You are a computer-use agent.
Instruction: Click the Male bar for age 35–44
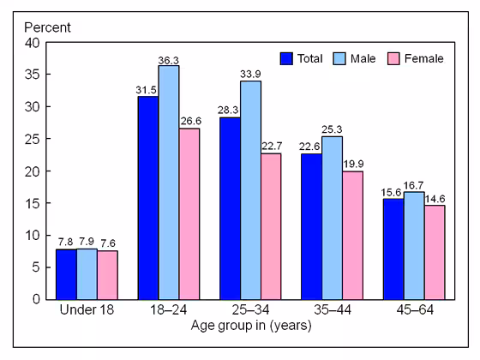pos(332,218)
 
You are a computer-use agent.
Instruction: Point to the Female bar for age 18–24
pos(189,213)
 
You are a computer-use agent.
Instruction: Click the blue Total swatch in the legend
pos(286,59)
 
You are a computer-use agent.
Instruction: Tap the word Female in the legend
pos(424,59)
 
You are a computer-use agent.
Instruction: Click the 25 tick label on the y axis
pos(30,139)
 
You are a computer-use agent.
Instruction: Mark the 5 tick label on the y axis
pos(33,267)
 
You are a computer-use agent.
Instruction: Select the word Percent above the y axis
pos(48,26)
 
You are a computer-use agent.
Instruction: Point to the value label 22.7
pos(272,146)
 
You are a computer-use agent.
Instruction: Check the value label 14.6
pos(435,198)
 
